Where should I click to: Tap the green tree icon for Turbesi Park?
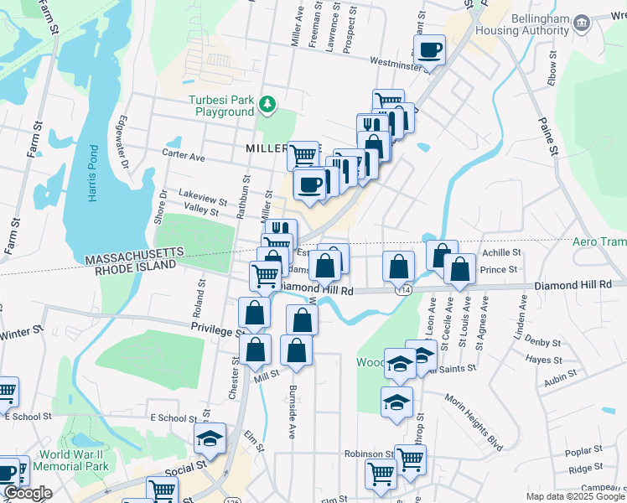pos(267,104)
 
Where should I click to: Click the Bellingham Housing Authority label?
pos(521,24)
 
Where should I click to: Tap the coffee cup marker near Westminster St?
pos(429,49)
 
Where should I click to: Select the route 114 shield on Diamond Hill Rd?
pos(406,289)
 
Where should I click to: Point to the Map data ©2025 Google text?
pos(574,496)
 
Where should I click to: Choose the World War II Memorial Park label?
pos(74,460)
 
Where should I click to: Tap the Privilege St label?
pos(215,330)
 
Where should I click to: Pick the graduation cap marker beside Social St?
pos(210,438)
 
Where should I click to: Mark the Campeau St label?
pos(602,487)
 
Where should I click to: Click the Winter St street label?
pos(25,334)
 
